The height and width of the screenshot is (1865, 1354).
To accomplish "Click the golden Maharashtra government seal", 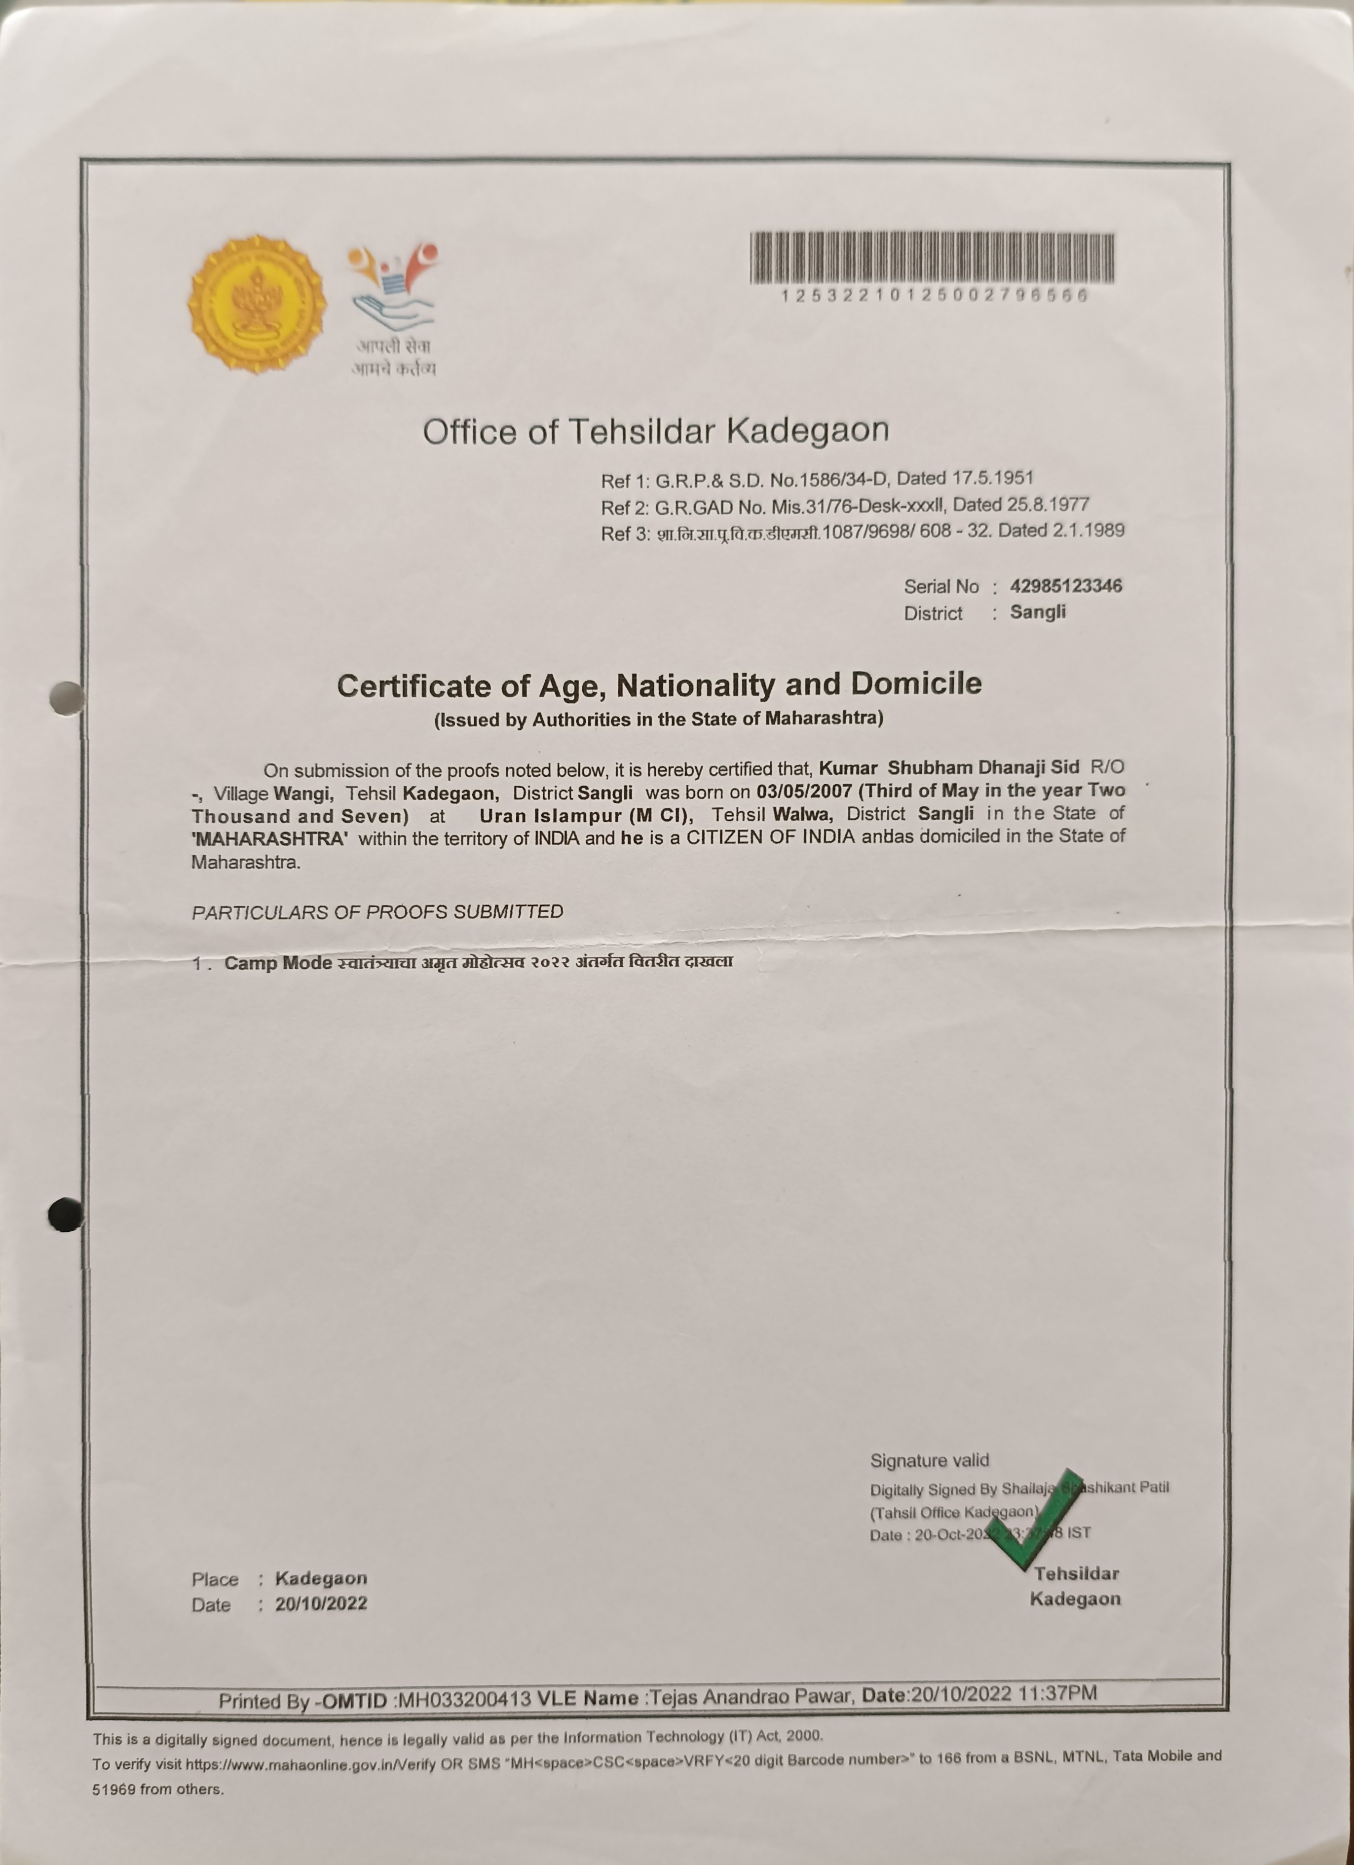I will coord(257,305).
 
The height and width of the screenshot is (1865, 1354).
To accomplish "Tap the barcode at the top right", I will coord(932,258).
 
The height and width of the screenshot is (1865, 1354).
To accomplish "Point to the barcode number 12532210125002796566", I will coord(935,295).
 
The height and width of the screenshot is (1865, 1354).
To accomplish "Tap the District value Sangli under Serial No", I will coord(1038,612).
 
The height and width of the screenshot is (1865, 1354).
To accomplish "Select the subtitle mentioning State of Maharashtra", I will coord(659,719).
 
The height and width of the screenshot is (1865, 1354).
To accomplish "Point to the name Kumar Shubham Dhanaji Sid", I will coord(949,767).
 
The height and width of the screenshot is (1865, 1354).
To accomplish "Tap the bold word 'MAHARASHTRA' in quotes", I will coord(269,839).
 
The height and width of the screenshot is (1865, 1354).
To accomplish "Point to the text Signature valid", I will coord(929,1460).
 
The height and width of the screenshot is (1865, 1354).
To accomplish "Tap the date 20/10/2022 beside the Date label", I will coord(321,1603).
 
